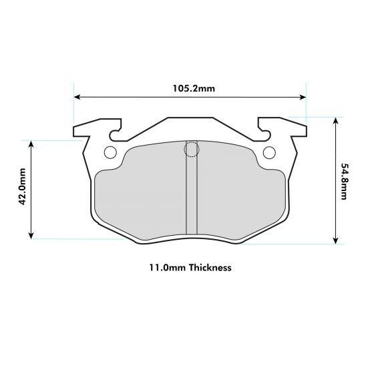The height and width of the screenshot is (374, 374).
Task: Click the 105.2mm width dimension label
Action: pyautogui.click(x=190, y=87)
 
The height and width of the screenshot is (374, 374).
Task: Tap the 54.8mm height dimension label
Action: pyautogui.click(x=343, y=182)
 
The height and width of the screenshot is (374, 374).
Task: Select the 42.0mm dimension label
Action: pyautogui.click(x=21, y=190)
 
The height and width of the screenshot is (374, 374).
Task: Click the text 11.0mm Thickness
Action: pyautogui.click(x=190, y=268)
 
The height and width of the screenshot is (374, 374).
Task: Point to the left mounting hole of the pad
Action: pyautogui.click(x=110, y=152)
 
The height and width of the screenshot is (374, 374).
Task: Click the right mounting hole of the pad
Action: pyautogui.click(x=269, y=152)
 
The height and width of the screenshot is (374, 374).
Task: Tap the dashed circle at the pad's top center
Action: pyautogui.click(x=191, y=150)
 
